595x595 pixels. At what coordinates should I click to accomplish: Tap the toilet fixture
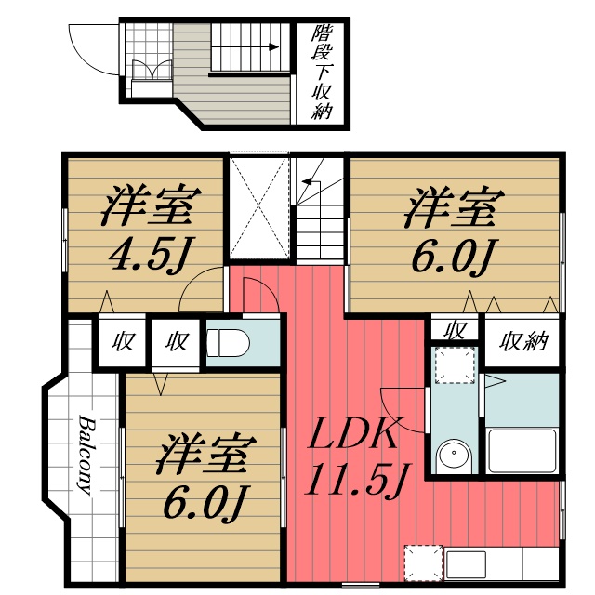[x=228, y=342]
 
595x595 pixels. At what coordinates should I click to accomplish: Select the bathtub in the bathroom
[x=521, y=449]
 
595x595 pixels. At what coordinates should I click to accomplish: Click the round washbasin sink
[x=454, y=455]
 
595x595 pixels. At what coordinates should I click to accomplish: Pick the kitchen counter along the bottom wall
[x=502, y=563]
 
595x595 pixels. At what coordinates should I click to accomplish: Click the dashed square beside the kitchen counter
[x=422, y=563]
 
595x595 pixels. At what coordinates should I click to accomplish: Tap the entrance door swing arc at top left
[x=88, y=51]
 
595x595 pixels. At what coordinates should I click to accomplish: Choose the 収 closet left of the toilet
[x=177, y=340]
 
